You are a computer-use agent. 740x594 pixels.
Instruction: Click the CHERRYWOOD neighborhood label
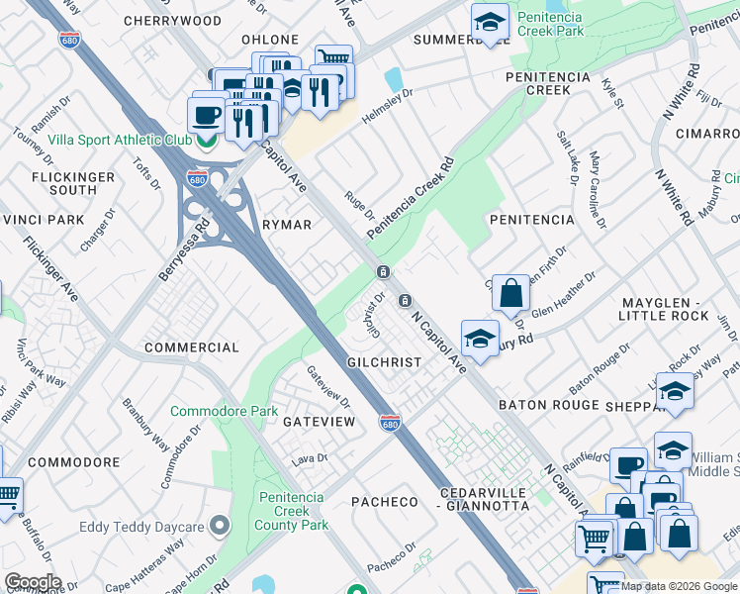[x=175, y=20]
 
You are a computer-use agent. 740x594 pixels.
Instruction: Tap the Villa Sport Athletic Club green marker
[x=207, y=141]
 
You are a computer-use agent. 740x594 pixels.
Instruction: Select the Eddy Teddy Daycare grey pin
[x=220, y=525]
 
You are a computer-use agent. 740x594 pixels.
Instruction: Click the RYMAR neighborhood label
[x=287, y=225]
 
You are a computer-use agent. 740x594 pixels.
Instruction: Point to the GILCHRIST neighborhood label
[x=384, y=363]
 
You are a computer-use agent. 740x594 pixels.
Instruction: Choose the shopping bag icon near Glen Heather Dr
[x=510, y=294]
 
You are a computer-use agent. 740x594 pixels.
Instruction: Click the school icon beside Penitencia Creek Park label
[x=489, y=21]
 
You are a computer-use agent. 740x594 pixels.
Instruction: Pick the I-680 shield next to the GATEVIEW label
[x=391, y=423]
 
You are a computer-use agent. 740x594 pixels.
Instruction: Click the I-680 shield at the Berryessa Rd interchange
[x=198, y=179]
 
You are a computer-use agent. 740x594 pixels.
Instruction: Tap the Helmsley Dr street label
[x=387, y=105]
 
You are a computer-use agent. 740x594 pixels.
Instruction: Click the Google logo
[x=33, y=582]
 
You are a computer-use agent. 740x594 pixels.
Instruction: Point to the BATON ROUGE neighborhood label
[x=548, y=405]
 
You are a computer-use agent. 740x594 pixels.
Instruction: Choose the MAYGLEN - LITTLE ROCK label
[x=664, y=308]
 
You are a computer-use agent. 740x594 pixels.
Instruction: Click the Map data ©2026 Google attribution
[x=679, y=586]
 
